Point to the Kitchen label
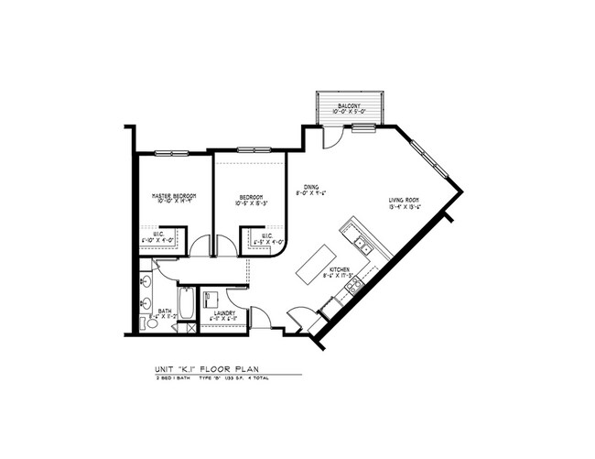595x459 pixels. coord(343,269)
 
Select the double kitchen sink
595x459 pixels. coord(362,244)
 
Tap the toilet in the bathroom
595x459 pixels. coord(150,320)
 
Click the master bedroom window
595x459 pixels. coord(169,152)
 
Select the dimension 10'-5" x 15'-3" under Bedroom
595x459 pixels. coord(252,202)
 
